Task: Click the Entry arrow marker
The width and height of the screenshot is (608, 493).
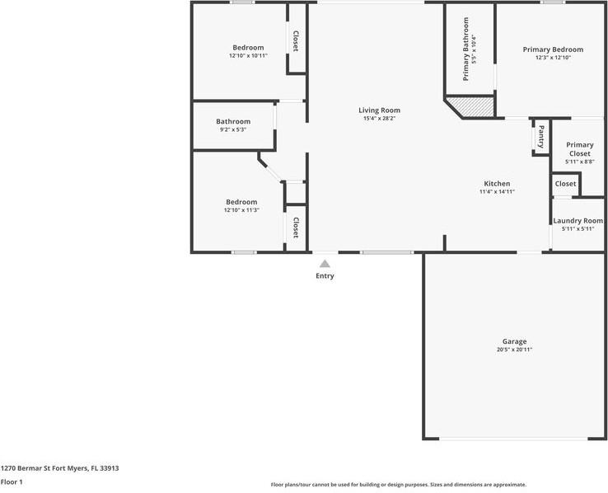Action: click(325, 264)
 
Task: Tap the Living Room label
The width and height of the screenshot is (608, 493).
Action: click(379, 110)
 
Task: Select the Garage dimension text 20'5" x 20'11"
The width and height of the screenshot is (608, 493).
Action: click(514, 350)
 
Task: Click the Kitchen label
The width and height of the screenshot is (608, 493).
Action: click(497, 183)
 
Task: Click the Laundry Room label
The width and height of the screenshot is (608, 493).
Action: click(578, 220)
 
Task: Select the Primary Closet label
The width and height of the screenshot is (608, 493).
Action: click(579, 149)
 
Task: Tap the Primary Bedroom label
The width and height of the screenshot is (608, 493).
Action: click(553, 49)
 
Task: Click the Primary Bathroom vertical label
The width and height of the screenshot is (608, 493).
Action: click(465, 49)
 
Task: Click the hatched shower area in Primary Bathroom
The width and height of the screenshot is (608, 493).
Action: click(476, 106)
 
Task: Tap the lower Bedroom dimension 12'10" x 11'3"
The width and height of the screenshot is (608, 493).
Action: click(241, 210)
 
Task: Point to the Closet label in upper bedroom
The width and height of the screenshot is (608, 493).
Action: click(295, 41)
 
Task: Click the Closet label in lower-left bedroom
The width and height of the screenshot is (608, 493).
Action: click(295, 228)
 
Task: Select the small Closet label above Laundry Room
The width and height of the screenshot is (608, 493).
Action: click(565, 184)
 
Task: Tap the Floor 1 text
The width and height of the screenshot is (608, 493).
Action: click(12, 481)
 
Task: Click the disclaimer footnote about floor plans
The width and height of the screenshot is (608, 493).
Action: click(398, 485)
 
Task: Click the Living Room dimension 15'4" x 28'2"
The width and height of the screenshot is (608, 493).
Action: click(379, 119)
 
